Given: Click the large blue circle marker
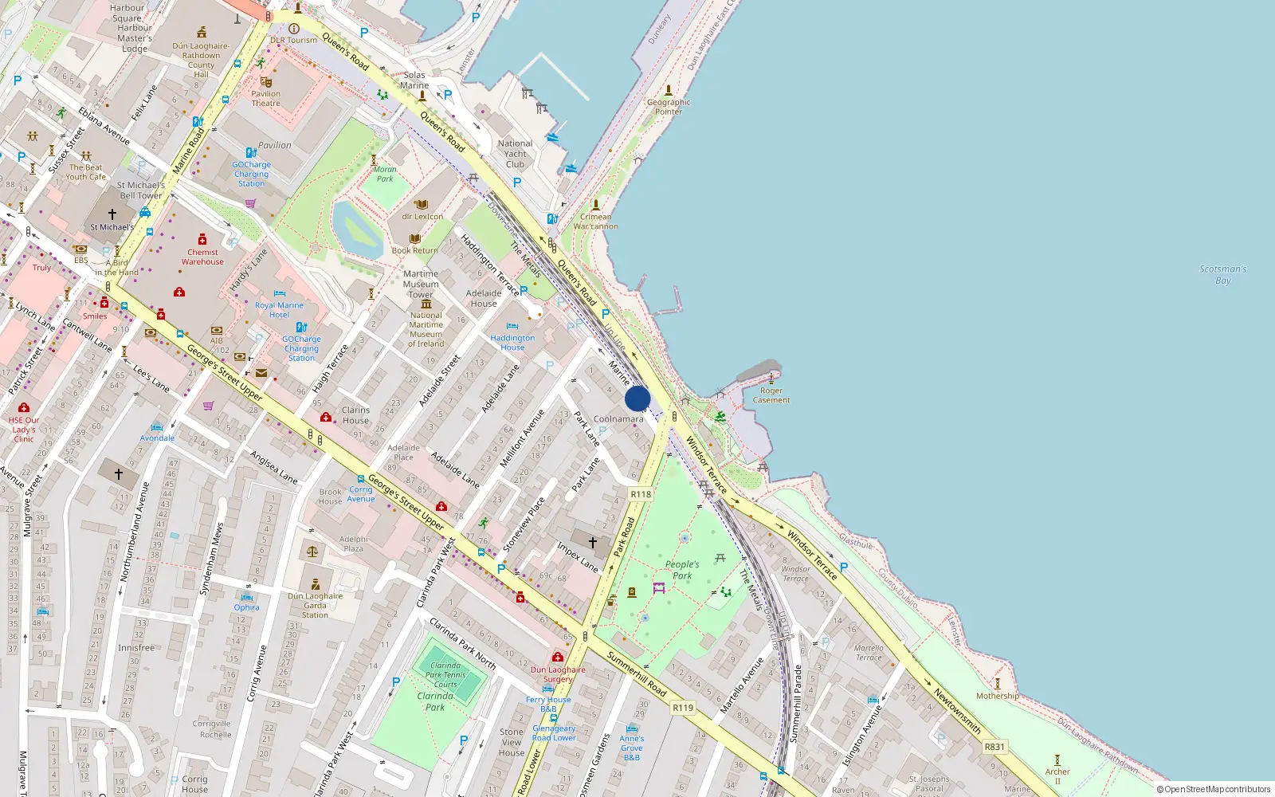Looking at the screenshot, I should pos(637,398).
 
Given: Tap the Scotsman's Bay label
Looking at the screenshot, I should pos(1222,274).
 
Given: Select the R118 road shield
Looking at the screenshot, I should pos(641,494).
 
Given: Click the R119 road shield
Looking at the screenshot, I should pos(683,708).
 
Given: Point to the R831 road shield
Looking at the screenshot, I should pos(994,747).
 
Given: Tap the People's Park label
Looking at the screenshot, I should pos(682,569).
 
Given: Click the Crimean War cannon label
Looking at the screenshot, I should pos(595,221).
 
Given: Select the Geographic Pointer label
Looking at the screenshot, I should pos(668,107).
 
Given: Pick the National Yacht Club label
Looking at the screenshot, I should pos(515,154).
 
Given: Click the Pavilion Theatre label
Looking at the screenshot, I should pos(265,98).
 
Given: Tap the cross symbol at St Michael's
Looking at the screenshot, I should pos(112,214).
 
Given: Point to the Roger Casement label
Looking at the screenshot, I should pos(771,395).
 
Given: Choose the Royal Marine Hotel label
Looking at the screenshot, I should pos(279,310).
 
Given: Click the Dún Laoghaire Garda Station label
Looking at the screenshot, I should pos(315,605).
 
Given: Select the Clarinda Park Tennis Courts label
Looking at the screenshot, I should pos(445,674).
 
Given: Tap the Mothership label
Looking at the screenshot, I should pos(997,696).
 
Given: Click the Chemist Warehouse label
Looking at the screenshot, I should pos(202,257).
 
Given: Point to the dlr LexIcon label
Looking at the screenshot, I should pos(422,216).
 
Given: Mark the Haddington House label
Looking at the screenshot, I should pos(512,343).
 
